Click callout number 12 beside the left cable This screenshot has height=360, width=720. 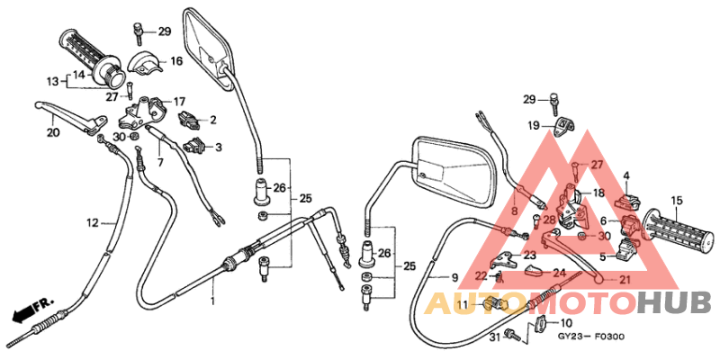(x=92, y=222)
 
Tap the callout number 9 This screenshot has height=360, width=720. (x=454, y=277)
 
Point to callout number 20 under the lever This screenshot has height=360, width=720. (x=53, y=132)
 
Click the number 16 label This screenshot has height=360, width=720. (x=176, y=61)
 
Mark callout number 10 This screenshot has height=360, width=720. (x=566, y=322)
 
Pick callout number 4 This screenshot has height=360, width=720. (x=626, y=175)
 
